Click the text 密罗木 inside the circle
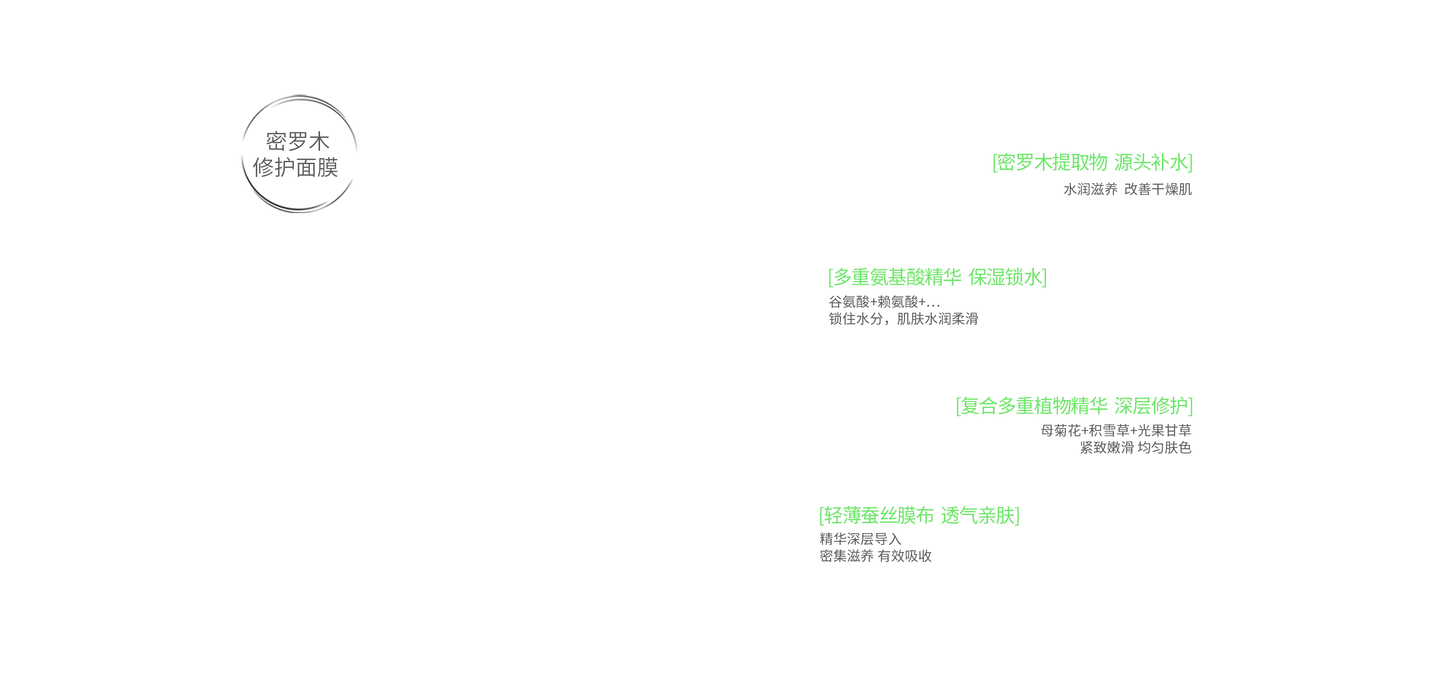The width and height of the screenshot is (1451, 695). [297, 141]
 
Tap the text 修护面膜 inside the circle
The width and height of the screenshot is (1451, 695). [296, 167]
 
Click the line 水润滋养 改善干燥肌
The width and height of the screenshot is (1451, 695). [1127, 189]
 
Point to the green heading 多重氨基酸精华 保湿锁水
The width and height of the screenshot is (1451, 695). [937, 277]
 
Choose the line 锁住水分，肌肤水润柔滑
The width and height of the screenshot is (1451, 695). [903, 319]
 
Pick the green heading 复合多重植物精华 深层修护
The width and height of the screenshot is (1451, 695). [1074, 406]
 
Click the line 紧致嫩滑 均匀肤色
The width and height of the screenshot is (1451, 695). [1135, 448]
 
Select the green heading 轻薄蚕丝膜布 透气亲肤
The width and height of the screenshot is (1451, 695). [919, 515]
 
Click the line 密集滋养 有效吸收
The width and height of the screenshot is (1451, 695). [876, 556]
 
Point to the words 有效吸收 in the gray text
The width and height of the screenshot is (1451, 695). [905, 556]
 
